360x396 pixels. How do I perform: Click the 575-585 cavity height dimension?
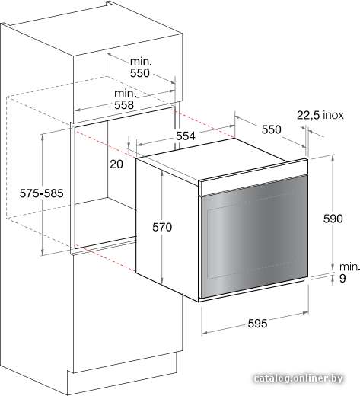pos(41,193)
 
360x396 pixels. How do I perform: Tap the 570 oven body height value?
pos(162,227)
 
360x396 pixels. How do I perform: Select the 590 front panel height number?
pos(333,219)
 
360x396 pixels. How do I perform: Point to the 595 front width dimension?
pos(257,323)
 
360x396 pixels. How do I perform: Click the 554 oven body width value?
pos(186,136)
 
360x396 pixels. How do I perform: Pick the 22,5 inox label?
pos(320,115)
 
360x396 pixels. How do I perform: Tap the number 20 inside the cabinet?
pos(116,164)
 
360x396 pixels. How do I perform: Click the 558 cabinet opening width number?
pos(124,104)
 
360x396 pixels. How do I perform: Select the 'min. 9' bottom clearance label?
pos(349,273)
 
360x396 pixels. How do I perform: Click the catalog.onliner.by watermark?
pos(298,378)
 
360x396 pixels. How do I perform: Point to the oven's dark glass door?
pos(254,236)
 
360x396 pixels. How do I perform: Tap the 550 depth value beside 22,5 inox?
pos(272,129)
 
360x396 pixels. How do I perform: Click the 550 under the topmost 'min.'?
pos(140,73)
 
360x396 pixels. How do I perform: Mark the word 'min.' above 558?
pos(126,94)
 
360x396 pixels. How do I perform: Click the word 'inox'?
pos(333,115)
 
